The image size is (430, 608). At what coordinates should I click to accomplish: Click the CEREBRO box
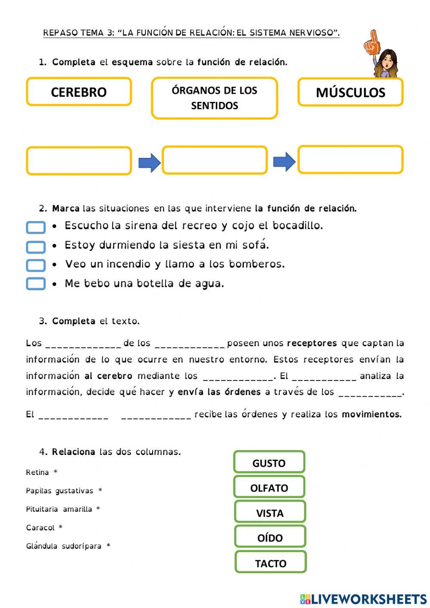[79, 92]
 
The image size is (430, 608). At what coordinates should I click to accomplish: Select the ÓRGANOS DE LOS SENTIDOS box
[214, 98]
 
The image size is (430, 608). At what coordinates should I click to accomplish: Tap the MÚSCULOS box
[350, 92]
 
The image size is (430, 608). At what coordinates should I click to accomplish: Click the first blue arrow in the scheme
[149, 163]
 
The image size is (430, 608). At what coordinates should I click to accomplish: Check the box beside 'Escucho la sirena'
[36, 227]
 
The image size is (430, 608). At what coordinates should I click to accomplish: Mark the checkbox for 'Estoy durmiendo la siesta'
[36, 246]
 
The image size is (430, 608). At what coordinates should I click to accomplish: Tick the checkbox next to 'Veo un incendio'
[36, 265]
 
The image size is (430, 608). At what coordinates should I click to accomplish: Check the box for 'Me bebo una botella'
[36, 284]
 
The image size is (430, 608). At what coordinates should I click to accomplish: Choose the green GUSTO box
[269, 462]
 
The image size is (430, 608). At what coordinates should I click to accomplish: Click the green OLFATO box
[269, 487]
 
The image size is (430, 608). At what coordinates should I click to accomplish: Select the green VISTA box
[270, 512]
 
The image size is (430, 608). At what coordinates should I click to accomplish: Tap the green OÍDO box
[270, 537]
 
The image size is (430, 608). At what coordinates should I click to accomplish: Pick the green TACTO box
[270, 562]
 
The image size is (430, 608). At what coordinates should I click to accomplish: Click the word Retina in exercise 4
[37, 473]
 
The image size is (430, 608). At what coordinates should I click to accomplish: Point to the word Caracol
[40, 528]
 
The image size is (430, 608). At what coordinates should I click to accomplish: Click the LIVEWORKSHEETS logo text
[369, 599]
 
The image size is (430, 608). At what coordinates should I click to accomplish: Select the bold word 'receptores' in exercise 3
[312, 343]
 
